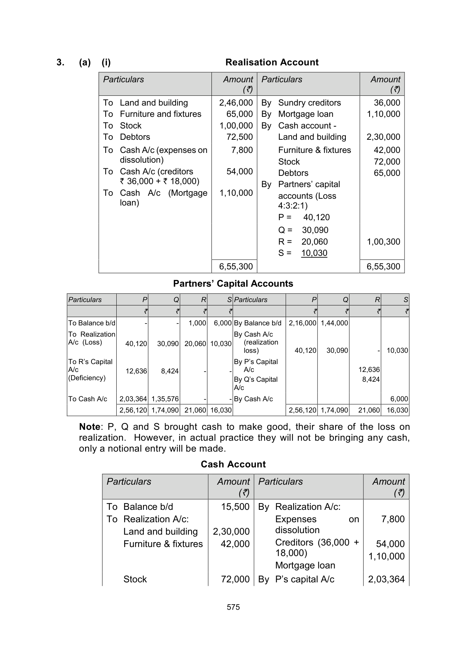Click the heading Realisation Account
pyautogui.click(x=272, y=62)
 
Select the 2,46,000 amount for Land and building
pyautogui.click(x=236, y=103)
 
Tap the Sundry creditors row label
pyautogui.click(x=309, y=103)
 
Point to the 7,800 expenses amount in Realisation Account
pyautogui.click(x=242, y=150)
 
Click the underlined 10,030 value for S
pyautogui.click(x=314, y=253)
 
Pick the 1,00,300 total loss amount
pyautogui.click(x=383, y=242)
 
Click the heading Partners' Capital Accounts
pyautogui.click(x=233, y=284)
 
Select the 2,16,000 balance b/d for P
pyautogui.click(x=302, y=323)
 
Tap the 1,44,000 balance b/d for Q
pyautogui.click(x=334, y=323)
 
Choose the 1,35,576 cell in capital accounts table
pyautogui.click(x=165, y=399)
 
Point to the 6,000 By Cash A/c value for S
pyautogui.click(x=399, y=399)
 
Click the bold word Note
pyautogui.click(x=90, y=427)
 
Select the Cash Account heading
pyautogui.click(x=233, y=464)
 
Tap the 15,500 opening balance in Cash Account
pyautogui.click(x=235, y=507)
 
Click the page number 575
pyautogui.click(x=233, y=607)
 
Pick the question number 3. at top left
pyautogui.click(x=60, y=62)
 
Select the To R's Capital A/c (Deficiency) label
pyautogui.click(x=90, y=370)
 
